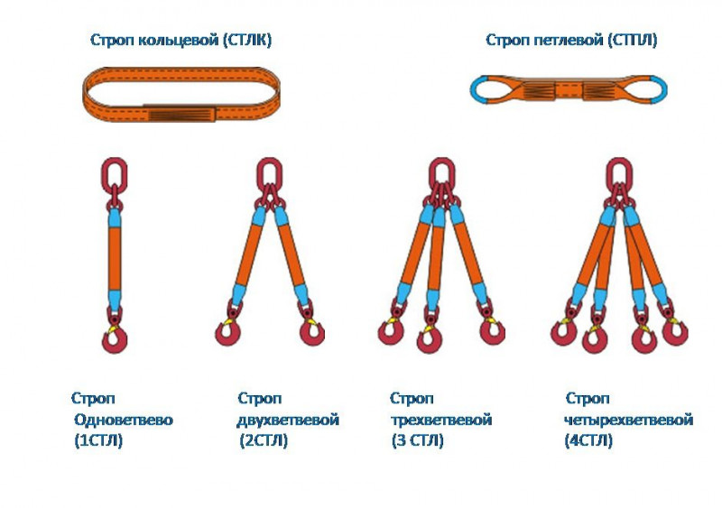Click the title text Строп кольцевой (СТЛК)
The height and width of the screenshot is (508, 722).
tap(180, 40)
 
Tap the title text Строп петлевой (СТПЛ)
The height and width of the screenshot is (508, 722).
tap(571, 40)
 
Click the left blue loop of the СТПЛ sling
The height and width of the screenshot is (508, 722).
tap(485, 88)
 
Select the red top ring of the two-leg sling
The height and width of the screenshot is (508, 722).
tap(268, 171)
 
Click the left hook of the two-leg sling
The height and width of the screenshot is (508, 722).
tap(228, 331)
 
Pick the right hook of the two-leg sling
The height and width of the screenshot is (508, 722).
tap(310, 331)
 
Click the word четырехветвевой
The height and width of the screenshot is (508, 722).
tap(628, 420)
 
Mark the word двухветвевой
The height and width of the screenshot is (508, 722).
tap(288, 420)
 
